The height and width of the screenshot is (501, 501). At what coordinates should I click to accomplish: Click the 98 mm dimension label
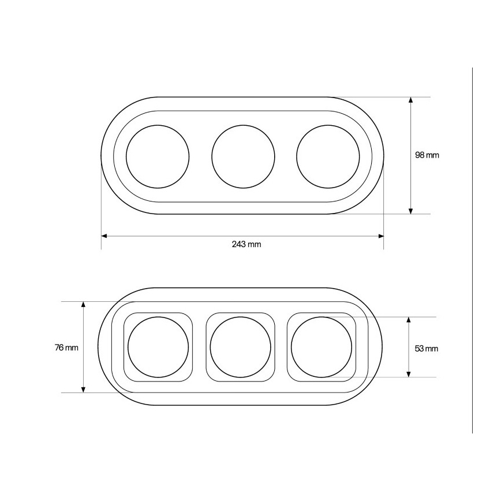tap(427, 155)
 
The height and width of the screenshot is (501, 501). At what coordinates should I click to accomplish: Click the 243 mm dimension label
tap(246, 244)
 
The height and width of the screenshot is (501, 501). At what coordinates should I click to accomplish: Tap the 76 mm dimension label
tap(66, 347)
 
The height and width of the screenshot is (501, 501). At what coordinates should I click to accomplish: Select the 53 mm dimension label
tap(426, 349)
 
